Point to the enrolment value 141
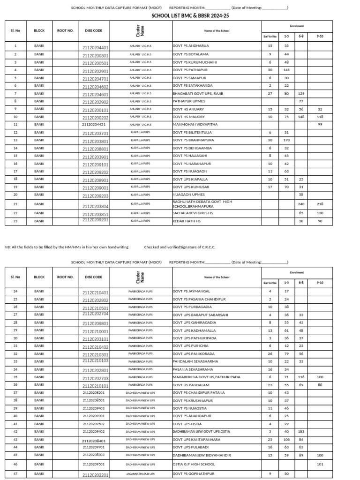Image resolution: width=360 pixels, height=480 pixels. click(286, 70)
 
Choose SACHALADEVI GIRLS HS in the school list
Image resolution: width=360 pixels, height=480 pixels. click(193, 213)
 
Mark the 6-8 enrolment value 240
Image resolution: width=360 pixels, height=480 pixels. click(301, 204)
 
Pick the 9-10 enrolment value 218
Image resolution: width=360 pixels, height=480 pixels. click(320, 204)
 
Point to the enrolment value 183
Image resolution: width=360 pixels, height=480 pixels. click(301, 431)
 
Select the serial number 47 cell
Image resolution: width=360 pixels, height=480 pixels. click(15, 474)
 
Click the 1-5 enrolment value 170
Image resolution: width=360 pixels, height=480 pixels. click(286, 140)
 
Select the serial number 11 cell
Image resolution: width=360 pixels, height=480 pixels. click(15, 125)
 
